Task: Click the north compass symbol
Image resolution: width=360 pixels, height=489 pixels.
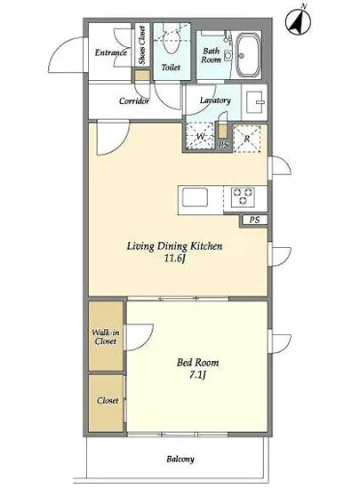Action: [298, 21]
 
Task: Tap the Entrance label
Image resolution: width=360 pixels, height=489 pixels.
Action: [110, 52]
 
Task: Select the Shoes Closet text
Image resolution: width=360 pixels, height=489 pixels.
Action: [142, 45]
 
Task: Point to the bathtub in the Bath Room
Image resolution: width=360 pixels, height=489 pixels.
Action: [248, 54]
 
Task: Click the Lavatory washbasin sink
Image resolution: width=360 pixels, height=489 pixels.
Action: [256, 101]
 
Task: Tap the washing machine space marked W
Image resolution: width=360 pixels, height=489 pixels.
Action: [199, 136]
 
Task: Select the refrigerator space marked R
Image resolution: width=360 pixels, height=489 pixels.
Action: [247, 139]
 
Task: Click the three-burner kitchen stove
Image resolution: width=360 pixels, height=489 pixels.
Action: [243, 197]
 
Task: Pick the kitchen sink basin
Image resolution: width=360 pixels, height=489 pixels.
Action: [195, 197]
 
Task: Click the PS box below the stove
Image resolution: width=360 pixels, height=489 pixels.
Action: [253, 220]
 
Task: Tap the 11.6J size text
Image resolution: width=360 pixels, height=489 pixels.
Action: [175, 259]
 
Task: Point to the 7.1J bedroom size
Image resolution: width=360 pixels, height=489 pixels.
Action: [197, 375]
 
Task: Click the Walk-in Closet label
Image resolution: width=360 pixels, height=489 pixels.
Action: [106, 337]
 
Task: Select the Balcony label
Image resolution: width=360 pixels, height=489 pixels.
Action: [180, 459]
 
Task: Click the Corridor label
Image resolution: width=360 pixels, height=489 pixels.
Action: [134, 101]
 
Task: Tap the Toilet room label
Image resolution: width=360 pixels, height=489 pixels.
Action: [171, 67]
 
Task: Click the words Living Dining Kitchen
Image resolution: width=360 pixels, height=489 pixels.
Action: [174, 246]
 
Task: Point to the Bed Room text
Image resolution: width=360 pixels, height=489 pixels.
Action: [197, 363]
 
